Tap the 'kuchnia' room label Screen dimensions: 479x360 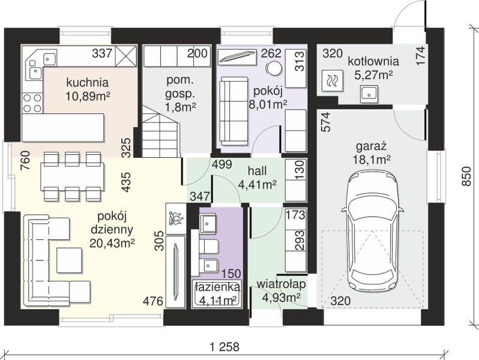click(x=87, y=82)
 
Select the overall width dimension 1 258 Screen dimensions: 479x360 click(x=225, y=347)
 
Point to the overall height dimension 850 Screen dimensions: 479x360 click(x=466, y=176)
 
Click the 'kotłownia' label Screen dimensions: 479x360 click(x=373, y=61)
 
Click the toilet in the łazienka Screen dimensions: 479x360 click(x=209, y=247)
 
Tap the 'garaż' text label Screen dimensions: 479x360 click(x=371, y=147)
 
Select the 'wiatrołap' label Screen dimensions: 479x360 click(x=281, y=284)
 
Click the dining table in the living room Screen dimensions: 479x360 click(x=72, y=176)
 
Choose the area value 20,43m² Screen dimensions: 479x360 click(x=112, y=244)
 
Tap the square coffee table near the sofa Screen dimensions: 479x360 click(x=70, y=260)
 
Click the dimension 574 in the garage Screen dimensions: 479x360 click(x=326, y=122)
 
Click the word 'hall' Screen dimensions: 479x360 click(x=258, y=171)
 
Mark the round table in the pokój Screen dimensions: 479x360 click(x=273, y=68)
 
